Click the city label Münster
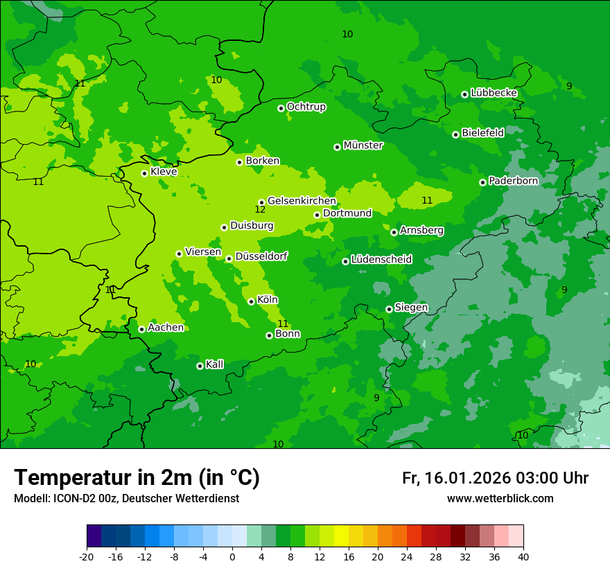tap(363, 145)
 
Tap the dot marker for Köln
tap(251, 301)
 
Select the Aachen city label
tap(166, 328)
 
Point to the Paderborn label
tap(513, 181)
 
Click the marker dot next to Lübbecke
tap(464, 94)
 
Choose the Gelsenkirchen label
tap(302, 201)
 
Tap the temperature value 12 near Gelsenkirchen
tap(260, 209)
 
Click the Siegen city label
tap(411, 308)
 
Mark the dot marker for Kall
tap(200, 366)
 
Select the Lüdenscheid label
tap(381, 260)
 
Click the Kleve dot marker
tap(144, 173)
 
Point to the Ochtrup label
tap(306, 107)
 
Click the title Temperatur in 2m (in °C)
tap(137, 477)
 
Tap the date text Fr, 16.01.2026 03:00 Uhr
tap(495, 478)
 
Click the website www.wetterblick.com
tap(500, 499)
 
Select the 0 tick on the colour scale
tap(232, 556)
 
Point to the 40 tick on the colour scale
tap(523, 556)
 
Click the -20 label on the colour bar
tap(87, 556)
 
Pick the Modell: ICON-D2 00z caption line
tap(126, 499)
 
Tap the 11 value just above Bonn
tap(283, 324)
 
